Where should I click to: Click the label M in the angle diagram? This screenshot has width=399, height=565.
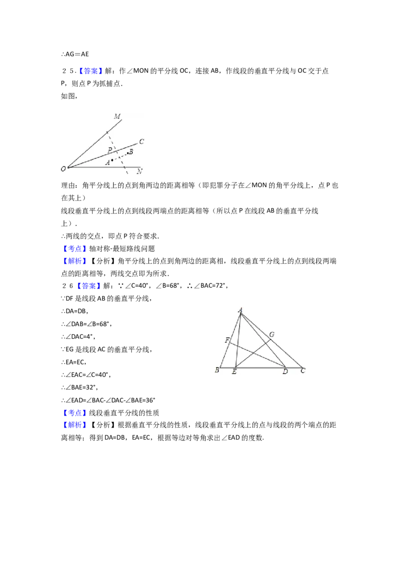click(x=117, y=116)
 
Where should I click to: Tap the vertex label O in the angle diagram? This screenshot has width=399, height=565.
click(x=63, y=169)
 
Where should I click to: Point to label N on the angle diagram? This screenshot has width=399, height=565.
click(x=140, y=171)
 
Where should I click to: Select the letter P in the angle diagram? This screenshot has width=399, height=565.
click(x=110, y=150)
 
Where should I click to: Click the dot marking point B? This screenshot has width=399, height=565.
click(x=128, y=153)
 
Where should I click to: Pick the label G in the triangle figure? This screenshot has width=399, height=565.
click(x=272, y=335)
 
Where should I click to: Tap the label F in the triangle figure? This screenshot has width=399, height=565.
click(x=227, y=340)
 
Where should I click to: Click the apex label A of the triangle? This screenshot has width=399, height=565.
click(x=240, y=310)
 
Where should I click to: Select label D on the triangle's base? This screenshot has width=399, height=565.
click(x=285, y=372)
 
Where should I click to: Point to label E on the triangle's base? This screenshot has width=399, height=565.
click(x=234, y=372)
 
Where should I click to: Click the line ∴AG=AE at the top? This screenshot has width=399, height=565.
click(x=75, y=54)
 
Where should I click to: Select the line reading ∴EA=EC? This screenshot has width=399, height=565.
click(x=74, y=362)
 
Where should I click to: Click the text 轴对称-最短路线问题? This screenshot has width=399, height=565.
click(x=122, y=248)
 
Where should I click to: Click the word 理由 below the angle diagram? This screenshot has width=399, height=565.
click(x=68, y=185)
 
